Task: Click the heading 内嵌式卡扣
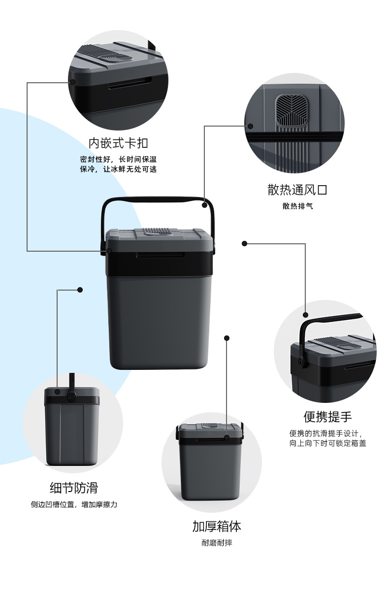click(x=118, y=143)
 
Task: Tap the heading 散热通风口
click(x=297, y=190)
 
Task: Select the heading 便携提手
click(x=327, y=417)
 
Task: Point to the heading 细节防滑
click(x=74, y=488)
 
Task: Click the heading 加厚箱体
click(x=217, y=526)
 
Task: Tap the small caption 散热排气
click(x=297, y=206)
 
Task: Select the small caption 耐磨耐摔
click(x=217, y=543)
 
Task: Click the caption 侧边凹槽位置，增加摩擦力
click(x=74, y=504)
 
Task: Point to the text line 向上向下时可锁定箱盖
click(x=327, y=443)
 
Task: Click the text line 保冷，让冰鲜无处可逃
click(x=118, y=169)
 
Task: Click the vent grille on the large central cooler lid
click(x=159, y=231)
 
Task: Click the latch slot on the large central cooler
click(x=161, y=255)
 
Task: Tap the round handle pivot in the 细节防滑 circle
click(x=73, y=397)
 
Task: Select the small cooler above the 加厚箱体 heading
click(x=210, y=461)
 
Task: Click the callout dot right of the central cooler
click(x=244, y=243)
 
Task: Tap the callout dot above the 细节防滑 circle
click(x=80, y=290)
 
